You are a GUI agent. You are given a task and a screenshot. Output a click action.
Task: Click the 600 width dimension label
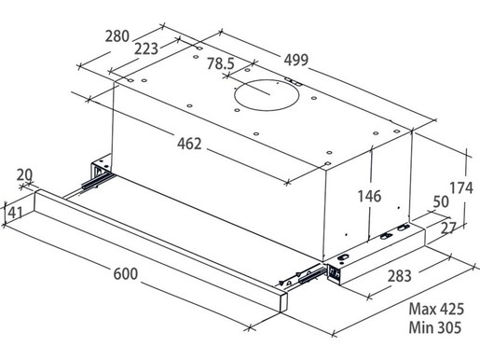[x=125, y=274]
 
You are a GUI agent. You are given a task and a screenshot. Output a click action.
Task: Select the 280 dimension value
[x=117, y=36]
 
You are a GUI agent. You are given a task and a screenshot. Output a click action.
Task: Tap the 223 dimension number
[x=146, y=48]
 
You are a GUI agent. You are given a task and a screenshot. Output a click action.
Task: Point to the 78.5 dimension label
[x=221, y=63]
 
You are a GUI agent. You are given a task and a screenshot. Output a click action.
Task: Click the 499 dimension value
[x=296, y=60]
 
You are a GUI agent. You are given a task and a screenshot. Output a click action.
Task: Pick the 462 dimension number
[x=189, y=144]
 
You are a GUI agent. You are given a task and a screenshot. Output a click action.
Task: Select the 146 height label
[x=369, y=197]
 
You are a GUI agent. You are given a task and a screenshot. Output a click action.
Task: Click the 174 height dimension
[x=461, y=188]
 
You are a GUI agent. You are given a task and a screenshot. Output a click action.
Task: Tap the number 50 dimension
[x=441, y=202]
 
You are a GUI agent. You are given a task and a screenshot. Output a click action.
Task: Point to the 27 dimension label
[x=448, y=228]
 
